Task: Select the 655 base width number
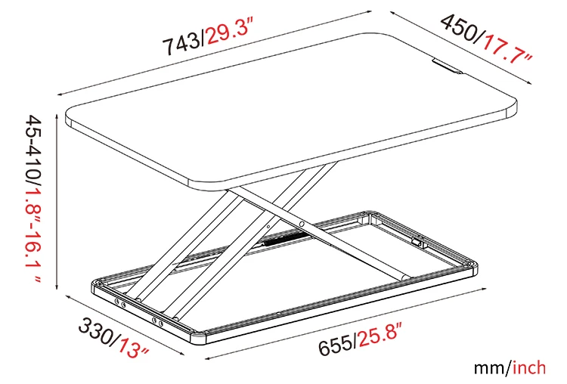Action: pos(335,344)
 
